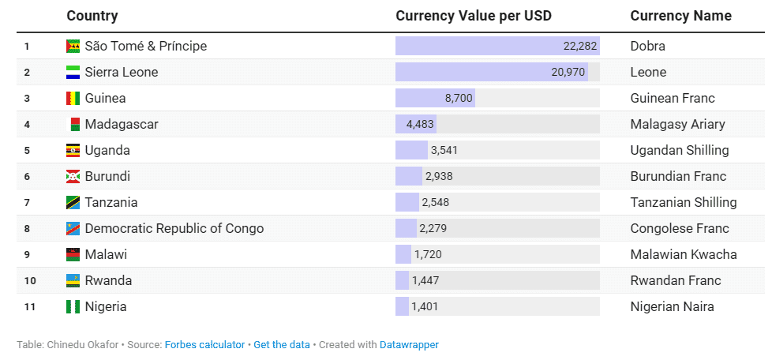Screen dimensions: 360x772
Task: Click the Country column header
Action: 92,16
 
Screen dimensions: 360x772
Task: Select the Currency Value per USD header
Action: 473,16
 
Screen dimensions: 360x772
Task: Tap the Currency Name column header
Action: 680,16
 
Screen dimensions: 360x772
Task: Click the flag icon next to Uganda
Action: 73,150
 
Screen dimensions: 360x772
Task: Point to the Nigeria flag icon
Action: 73,306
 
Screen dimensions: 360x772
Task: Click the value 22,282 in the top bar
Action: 579,46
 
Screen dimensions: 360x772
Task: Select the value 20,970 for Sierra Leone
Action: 568,72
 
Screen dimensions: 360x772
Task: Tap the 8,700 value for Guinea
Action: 459,98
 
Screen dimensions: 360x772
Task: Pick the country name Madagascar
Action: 122,124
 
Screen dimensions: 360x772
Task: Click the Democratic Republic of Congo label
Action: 174,228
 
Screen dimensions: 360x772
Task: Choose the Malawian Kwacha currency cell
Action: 684,254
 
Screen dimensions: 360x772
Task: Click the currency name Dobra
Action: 647,46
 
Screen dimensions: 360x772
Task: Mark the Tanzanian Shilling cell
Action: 684,202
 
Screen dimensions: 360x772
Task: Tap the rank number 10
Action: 30,280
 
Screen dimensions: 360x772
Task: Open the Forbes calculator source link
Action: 204,345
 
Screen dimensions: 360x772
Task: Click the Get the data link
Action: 281,345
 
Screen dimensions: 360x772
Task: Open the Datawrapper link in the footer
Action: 409,345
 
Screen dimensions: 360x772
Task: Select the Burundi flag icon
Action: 73,176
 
